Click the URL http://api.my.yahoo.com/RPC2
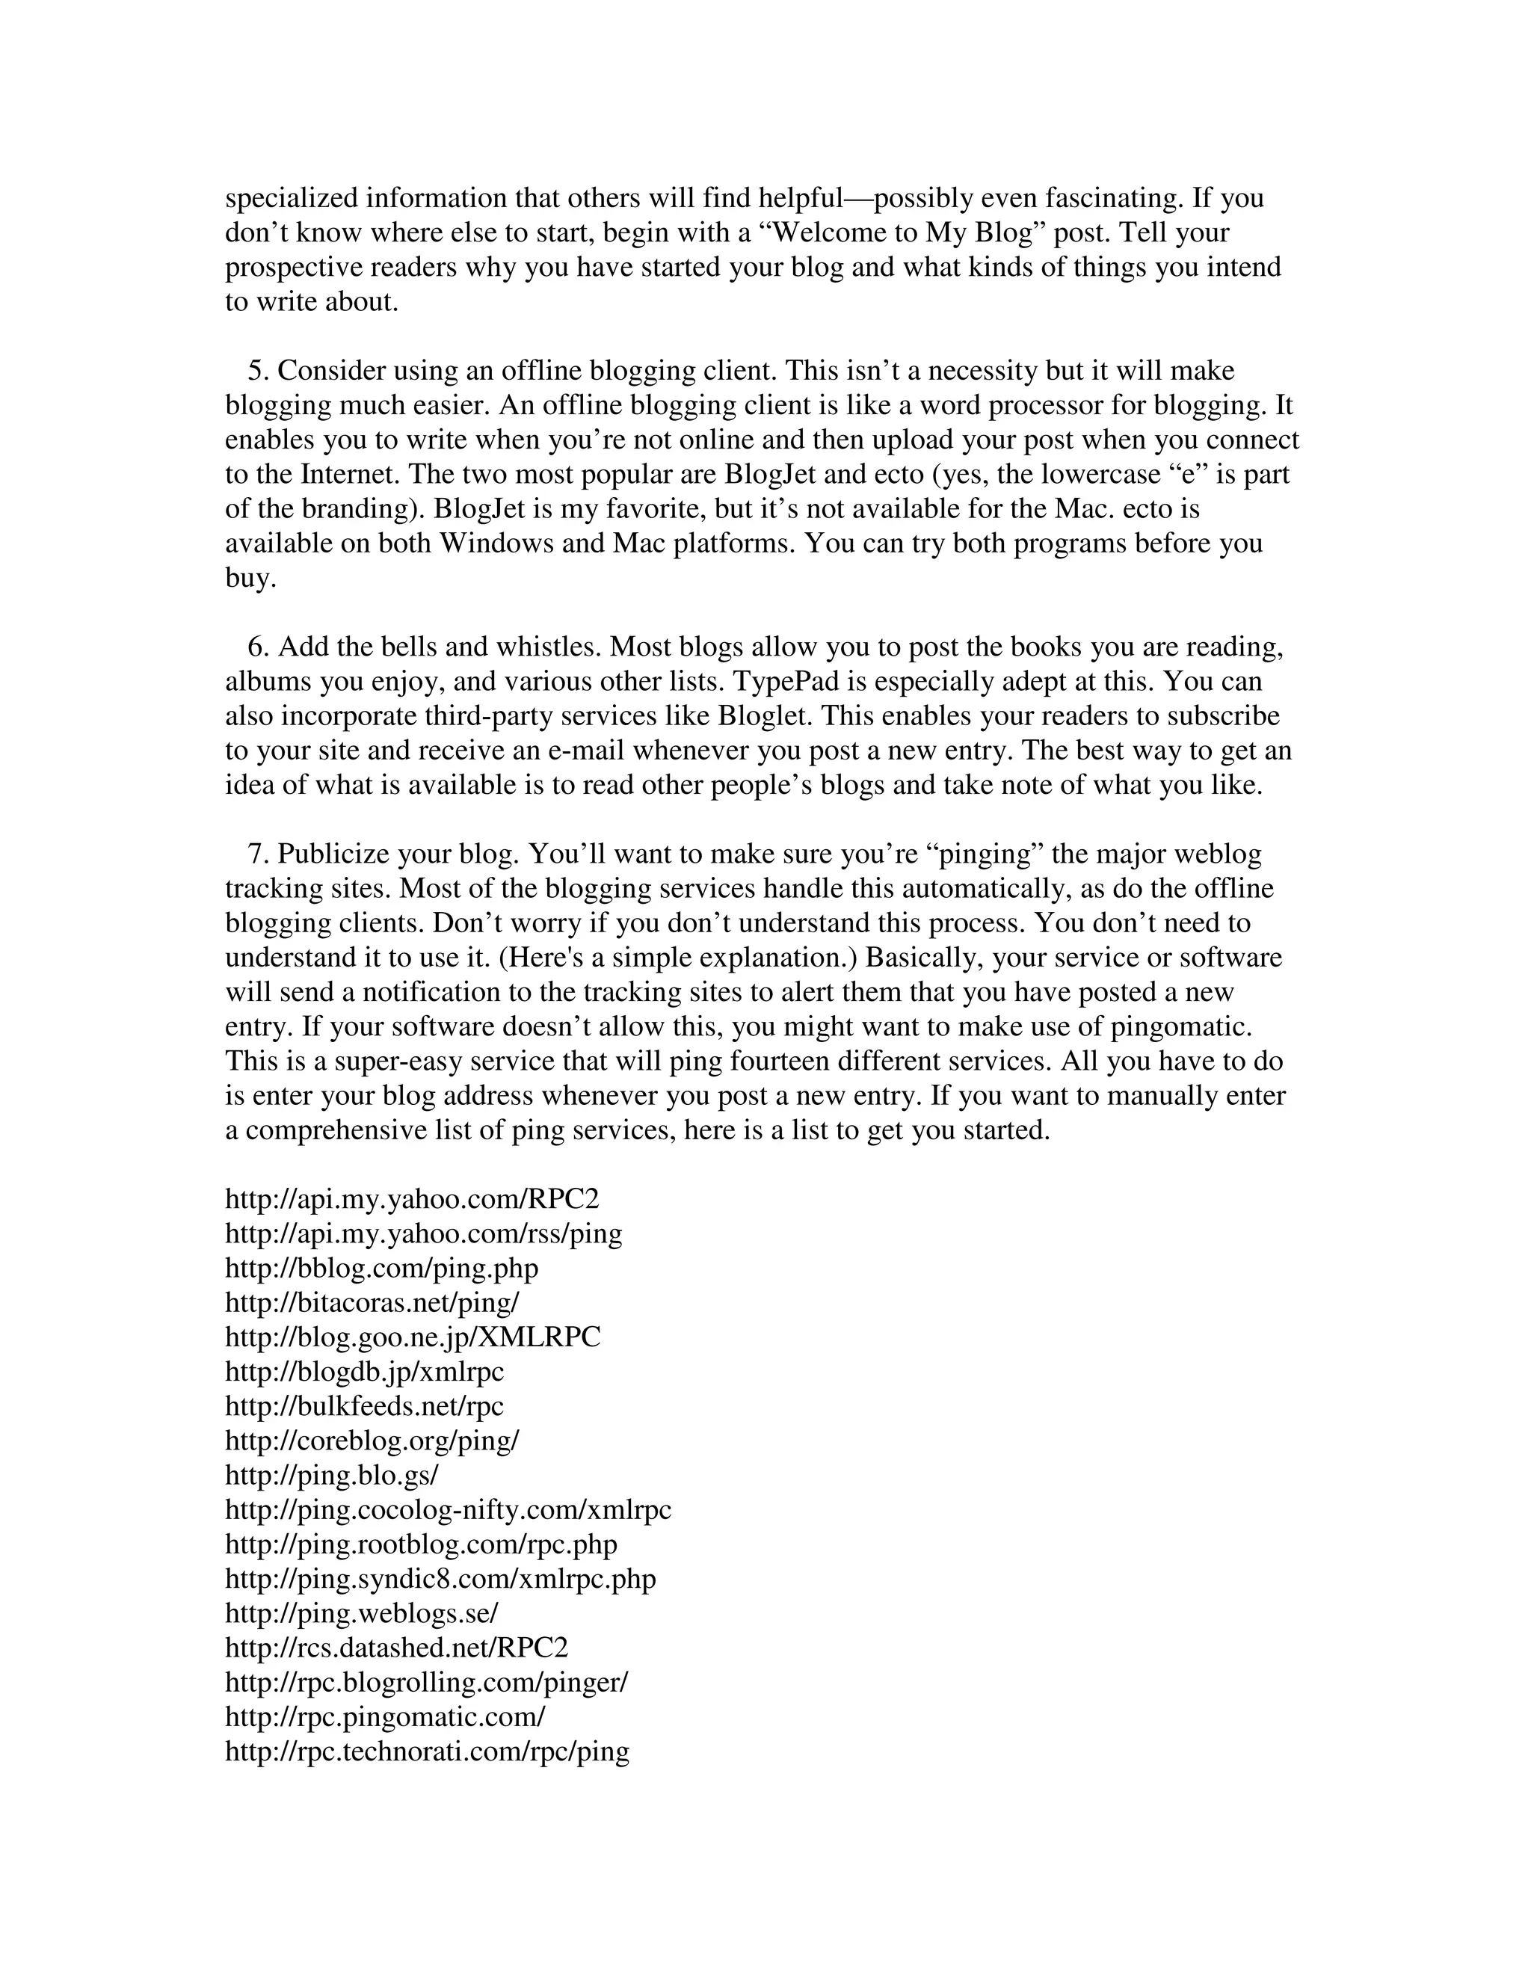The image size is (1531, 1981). pyautogui.click(x=412, y=1199)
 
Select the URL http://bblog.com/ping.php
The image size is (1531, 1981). pyautogui.click(x=381, y=1268)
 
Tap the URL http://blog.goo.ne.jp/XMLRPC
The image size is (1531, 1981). pyautogui.click(x=413, y=1337)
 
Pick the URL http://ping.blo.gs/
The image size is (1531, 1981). pyautogui.click(x=331, y=1475)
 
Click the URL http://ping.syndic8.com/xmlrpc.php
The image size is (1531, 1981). pyautogui.click(x=440, y=1578)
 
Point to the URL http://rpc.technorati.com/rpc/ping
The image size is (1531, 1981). pyautogui.click(x=427, y=1751)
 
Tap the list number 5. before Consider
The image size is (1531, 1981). pyautogui.click(x=259, y=371)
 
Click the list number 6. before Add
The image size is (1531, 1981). pyautogui.click(x=259, y=647)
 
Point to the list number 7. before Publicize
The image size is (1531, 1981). pyautogui.click(x=259, y=854)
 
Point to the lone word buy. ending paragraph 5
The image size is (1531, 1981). pyautogui.click(x=250, y=578)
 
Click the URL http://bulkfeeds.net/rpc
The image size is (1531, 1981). pyautogui.click(x=364, y=1406)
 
